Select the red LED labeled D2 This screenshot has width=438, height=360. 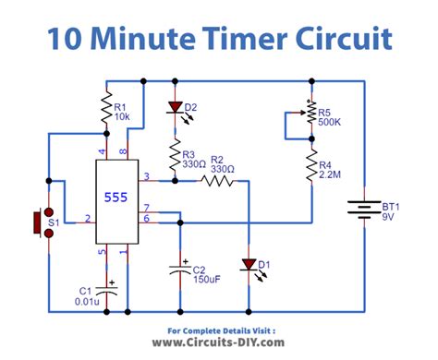pos(173,109)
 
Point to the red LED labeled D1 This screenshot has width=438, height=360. pos(248,265)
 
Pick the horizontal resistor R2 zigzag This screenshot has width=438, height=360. pos(218,182)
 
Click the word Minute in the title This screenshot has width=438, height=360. pos(169,40)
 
